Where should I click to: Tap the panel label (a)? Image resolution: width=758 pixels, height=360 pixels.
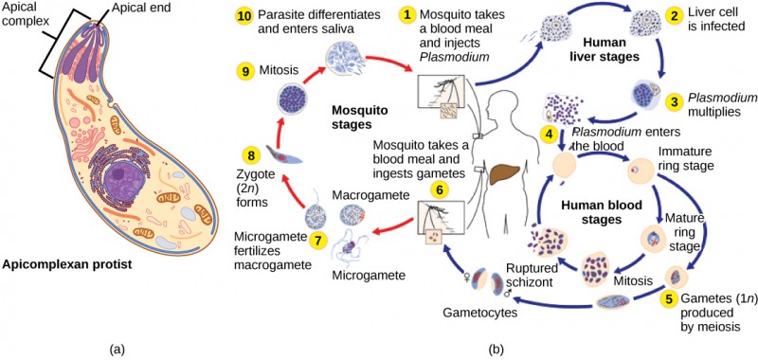pos(117,349)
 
